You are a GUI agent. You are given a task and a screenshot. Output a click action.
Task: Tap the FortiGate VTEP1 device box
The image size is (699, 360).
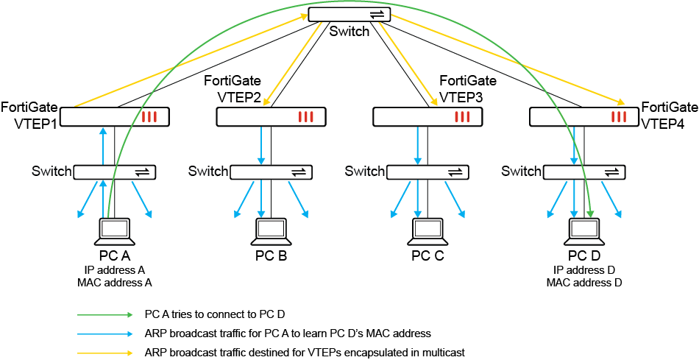(115, 116)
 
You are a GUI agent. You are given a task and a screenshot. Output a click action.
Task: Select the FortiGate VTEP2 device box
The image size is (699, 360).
(272, 116)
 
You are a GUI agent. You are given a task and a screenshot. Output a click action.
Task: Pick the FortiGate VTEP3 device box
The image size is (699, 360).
(428, 116)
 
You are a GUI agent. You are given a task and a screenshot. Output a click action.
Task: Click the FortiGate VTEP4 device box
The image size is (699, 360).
(585, 116)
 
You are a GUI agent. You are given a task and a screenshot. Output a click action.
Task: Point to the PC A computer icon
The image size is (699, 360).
(115, 231)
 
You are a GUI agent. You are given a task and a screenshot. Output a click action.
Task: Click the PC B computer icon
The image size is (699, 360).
(272, 231)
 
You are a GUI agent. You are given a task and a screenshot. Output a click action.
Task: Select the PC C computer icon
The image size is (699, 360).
(428, 231)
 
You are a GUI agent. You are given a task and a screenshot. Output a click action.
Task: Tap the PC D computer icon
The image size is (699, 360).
(585, 231)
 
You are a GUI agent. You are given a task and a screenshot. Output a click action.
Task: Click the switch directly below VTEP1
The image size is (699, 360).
(115, 172)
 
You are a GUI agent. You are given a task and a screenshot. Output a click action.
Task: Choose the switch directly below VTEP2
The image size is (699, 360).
(272, 172)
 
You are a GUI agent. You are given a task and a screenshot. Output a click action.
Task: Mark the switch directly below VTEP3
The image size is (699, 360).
(428, 172)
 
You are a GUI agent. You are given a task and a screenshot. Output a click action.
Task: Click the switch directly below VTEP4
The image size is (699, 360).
(585, 172)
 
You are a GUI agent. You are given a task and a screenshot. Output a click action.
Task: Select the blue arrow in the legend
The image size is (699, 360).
(106, 333)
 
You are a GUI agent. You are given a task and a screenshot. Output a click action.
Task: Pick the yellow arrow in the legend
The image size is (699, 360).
(106, 353)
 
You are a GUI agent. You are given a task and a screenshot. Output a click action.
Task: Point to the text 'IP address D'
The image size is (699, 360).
(585, 270)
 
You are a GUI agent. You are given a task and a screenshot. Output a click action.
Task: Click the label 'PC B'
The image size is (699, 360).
(272, 256)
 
